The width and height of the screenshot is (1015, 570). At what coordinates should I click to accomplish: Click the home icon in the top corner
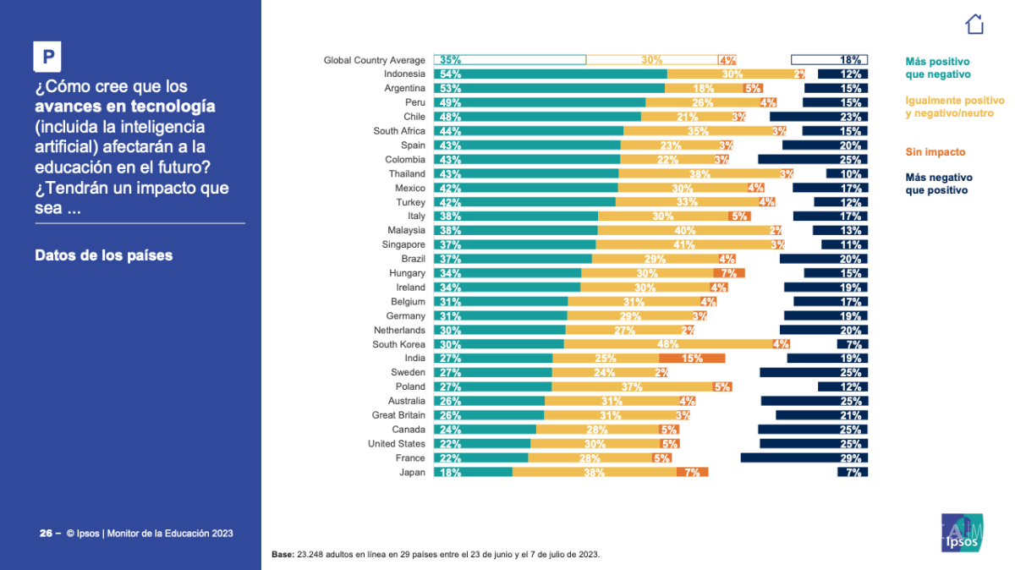point(974,24)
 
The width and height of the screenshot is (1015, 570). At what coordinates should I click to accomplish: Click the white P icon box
point(48,57)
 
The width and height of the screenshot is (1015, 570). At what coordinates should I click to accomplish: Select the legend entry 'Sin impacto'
point(935,152)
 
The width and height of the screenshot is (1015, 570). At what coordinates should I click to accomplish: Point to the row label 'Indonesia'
point(404,74)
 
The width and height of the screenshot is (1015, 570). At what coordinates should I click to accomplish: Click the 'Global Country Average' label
point(374,60)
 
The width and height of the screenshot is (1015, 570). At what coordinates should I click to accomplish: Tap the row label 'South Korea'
point(398,344)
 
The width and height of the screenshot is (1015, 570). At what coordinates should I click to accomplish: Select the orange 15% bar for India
point(691,359)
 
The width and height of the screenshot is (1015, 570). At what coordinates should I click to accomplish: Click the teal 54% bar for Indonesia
point(550,74)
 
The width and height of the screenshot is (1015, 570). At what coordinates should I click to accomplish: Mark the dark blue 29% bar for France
point(804,458)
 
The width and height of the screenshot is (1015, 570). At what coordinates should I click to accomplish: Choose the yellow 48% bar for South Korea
point(668,344)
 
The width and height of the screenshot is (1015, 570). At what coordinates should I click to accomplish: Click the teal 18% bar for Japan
point(473,472)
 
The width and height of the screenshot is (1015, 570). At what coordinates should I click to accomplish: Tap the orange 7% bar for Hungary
point(728,273)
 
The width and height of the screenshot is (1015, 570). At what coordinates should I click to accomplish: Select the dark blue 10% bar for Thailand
point(847,173)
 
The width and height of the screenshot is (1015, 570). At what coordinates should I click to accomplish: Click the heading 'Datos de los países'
point(104,255)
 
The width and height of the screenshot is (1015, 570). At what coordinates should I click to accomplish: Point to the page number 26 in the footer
point(46,534)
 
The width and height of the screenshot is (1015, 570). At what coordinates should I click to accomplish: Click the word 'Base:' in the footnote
point(283,555)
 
